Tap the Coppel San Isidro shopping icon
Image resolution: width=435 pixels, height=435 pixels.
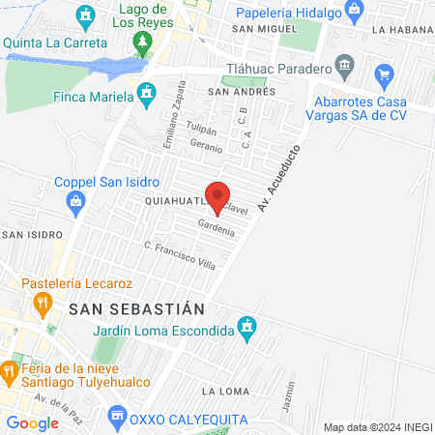75,200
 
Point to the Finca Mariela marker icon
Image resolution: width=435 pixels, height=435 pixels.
146,95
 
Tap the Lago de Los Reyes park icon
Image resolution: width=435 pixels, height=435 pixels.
143,43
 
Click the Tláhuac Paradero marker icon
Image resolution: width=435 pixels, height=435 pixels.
345,67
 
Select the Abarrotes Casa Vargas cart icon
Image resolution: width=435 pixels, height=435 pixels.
385,73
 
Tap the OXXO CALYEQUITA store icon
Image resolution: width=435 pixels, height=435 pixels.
117,418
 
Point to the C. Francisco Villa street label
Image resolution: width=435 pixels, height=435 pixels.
179,255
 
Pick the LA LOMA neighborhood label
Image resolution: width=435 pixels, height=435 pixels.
220,391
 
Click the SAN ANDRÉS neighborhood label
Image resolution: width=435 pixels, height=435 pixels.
242,91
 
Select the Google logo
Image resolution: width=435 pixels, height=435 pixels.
32,422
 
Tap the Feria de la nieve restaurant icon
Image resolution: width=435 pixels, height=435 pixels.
9,370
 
